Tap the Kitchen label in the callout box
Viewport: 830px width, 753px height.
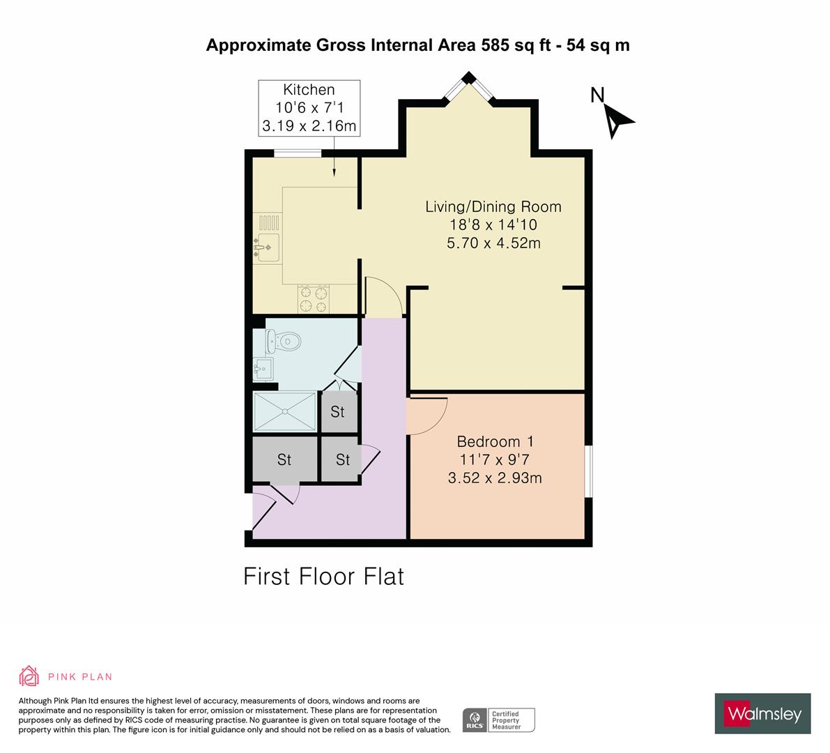(x=309, y=90)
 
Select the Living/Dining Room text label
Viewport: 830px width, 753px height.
(x=493, y=206)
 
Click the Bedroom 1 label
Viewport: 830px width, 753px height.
(x=495, y=441)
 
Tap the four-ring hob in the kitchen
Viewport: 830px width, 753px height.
(x=313, y=299)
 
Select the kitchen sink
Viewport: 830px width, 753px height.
(x=266, y=248)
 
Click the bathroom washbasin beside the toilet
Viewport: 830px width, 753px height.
(x=263, y=367)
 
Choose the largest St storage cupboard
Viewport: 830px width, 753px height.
(x=284, y=459)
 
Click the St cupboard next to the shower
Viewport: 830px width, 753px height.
(x=338, y=411)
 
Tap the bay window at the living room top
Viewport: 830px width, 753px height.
(x=469, y=88)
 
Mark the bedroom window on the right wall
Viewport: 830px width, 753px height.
(x=588, y=471)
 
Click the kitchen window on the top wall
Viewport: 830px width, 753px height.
(x=298, y=153)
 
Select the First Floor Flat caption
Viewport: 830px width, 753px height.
(x=323, y=577)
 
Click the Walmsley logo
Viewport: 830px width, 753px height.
(x=762, y=713)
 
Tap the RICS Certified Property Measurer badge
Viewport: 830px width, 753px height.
(x=499, y=720)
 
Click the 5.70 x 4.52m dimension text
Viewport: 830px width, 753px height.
(x=493, y=243)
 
